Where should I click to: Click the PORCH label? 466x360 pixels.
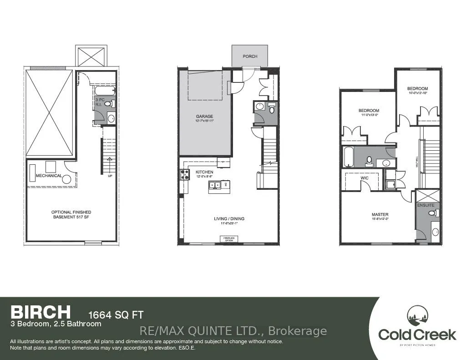pos(250,56)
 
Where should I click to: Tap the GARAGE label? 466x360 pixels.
pos(204,117)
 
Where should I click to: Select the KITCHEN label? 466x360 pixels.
pos(204,172)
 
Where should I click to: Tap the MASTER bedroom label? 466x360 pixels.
pos(380,214)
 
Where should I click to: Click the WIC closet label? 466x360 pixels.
pos(365,178)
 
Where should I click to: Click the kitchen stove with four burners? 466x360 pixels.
pos(185,174)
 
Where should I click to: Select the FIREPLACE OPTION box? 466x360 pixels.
pos(228,239)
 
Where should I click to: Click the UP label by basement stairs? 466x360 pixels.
pos(109,175)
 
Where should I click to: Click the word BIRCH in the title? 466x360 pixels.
pos(41,312)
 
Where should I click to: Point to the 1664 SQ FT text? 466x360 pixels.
pos(116,314)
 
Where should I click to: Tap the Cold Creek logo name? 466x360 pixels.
pos(417,335)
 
